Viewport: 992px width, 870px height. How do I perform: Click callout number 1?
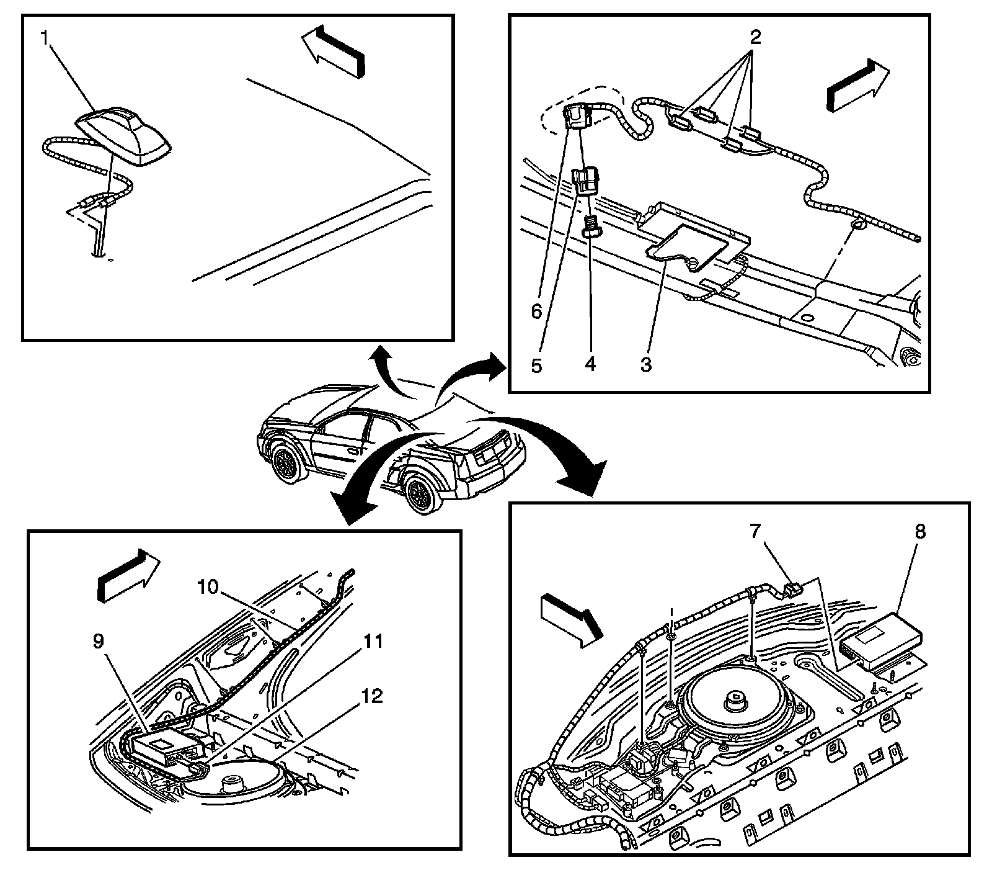point(45,38)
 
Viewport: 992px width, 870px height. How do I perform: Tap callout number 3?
point(645,364)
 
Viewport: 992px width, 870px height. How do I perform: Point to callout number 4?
point(590,364)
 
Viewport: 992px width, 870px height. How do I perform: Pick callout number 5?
point(536,365)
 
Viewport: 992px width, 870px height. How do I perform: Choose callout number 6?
point(536,310)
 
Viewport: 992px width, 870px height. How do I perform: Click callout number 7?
point(754,532)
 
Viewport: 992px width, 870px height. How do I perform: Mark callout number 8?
point(919,532)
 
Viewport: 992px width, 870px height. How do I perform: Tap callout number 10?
point(209,585)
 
